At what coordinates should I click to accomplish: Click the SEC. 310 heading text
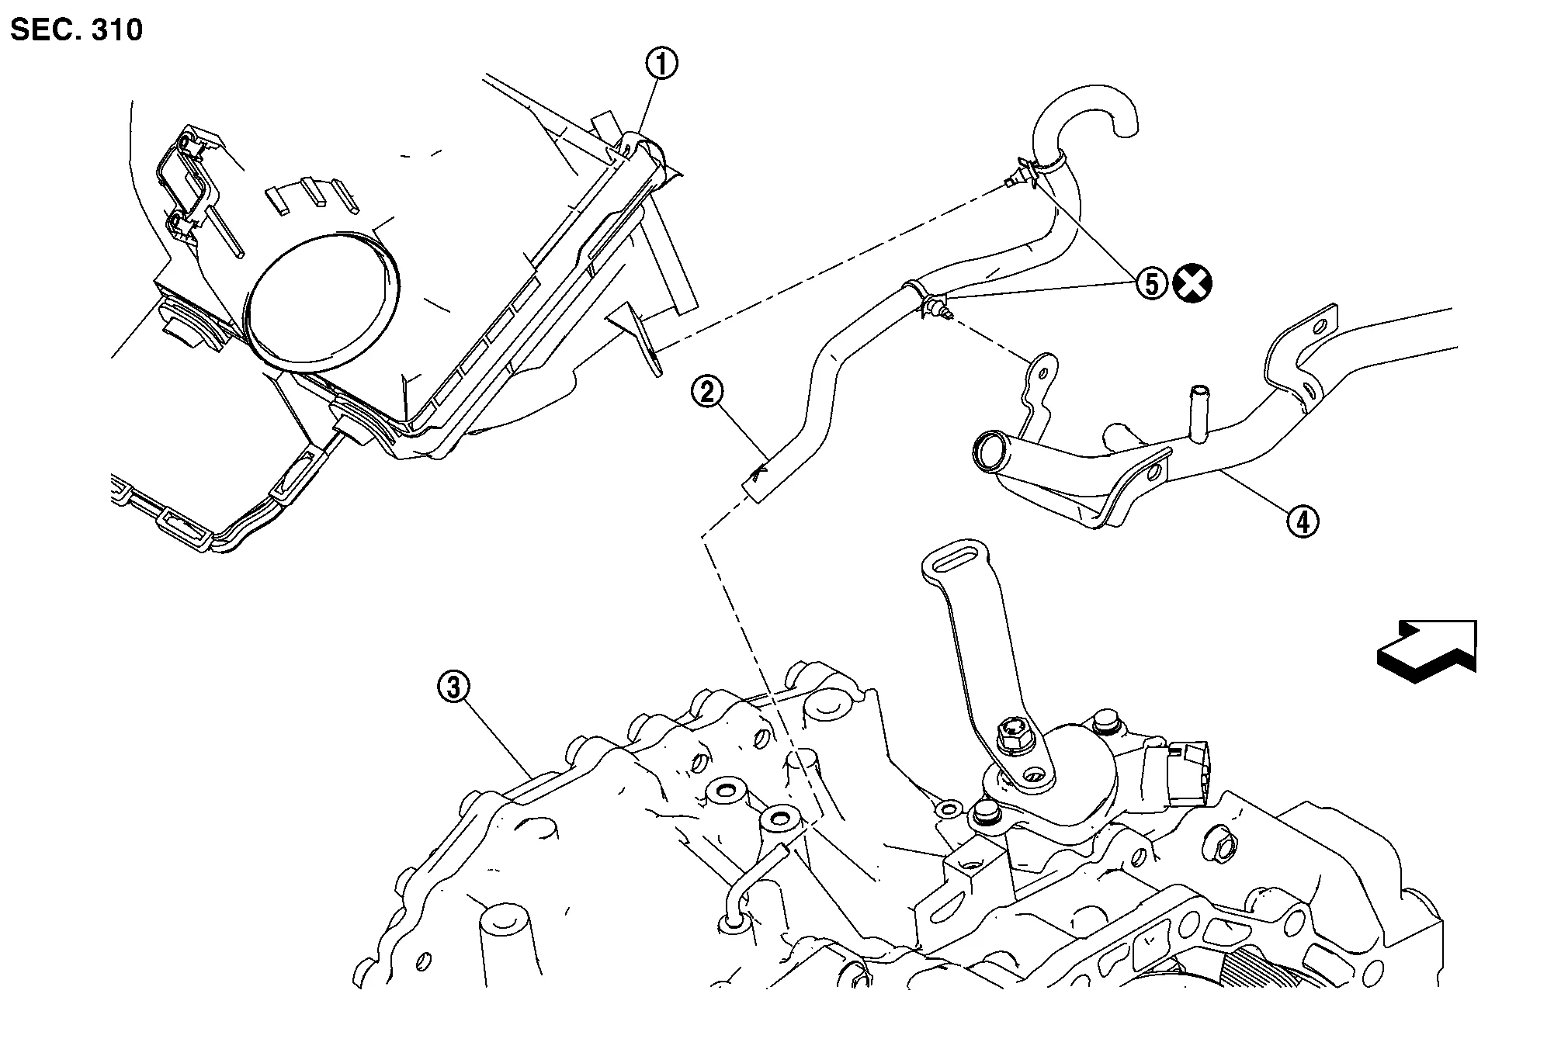(x=77, y=30)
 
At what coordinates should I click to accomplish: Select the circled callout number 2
(x=707, y=393)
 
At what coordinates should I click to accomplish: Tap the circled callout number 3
(x=454, y=687)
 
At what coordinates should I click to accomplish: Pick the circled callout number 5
(x=1151, y=284)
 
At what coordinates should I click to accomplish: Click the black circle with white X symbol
(x=1192, y=284)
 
